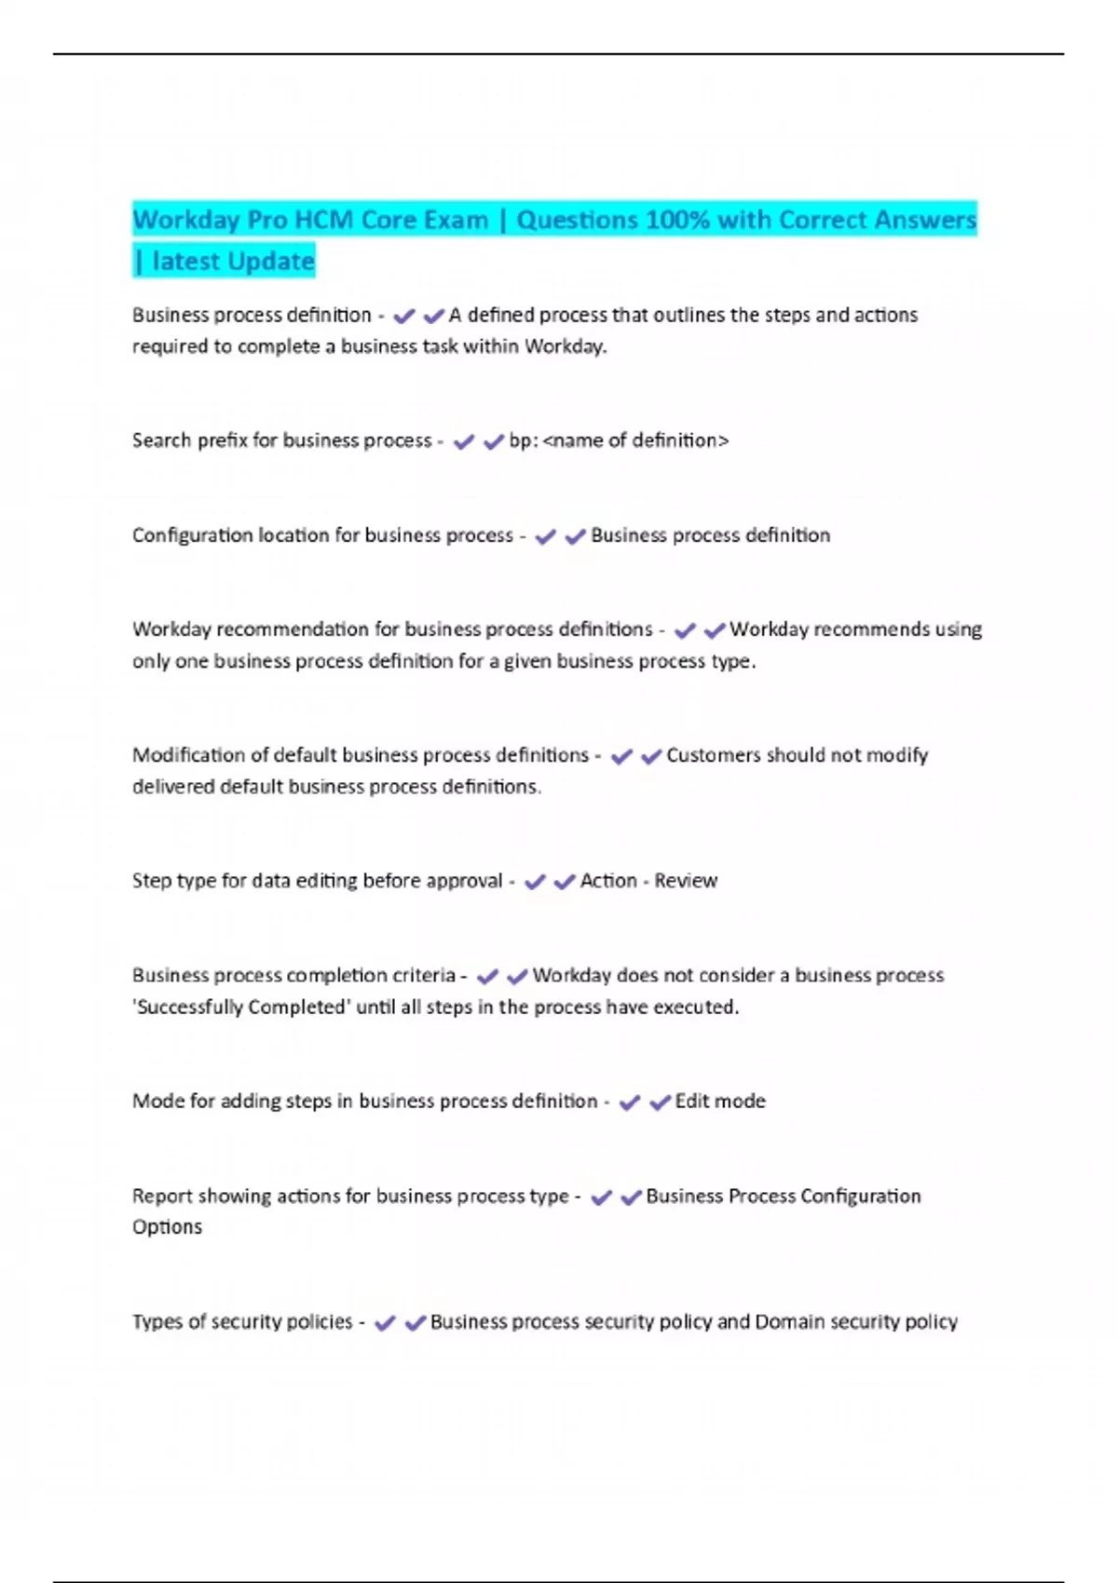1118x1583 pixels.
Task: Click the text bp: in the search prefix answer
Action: [524, 440]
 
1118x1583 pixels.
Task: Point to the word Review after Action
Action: [686, 881]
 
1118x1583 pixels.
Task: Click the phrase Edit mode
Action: [720, 1102]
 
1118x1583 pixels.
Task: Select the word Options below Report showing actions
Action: [167, 1227]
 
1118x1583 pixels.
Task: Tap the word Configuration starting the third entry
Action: [192, 535]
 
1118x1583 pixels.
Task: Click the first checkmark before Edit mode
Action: [630, 1103]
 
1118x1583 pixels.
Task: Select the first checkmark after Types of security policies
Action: [385, 1323]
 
